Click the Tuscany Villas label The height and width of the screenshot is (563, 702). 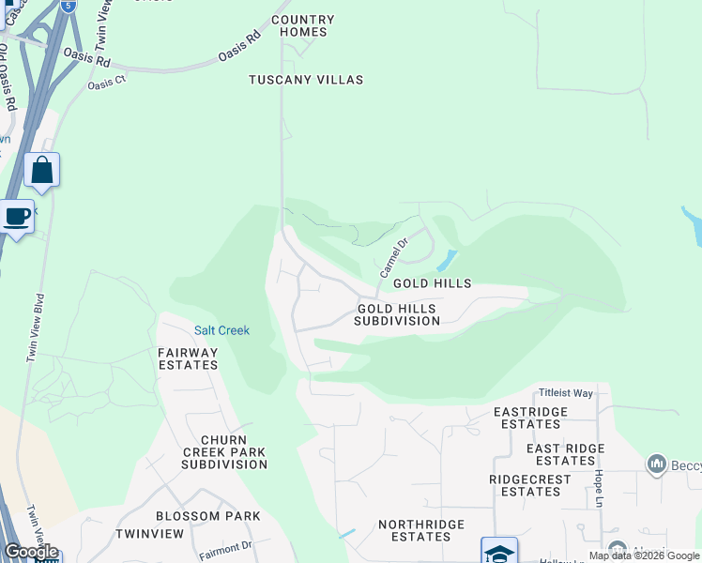306,81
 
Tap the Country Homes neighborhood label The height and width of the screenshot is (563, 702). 302,25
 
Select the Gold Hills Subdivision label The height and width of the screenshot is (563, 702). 397,314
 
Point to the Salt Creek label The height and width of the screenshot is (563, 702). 221,330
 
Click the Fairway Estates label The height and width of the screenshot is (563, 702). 188,358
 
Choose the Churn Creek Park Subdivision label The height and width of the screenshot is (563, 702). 224,451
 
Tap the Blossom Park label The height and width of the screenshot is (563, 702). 208,516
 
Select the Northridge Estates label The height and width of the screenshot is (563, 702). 415,530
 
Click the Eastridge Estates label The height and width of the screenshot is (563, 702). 531,418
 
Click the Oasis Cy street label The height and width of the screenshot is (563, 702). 107,84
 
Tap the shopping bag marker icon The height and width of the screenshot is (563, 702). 41,170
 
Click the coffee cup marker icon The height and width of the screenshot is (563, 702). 17,217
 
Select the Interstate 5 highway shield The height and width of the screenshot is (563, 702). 68,6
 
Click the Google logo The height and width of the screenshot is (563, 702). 31,552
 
